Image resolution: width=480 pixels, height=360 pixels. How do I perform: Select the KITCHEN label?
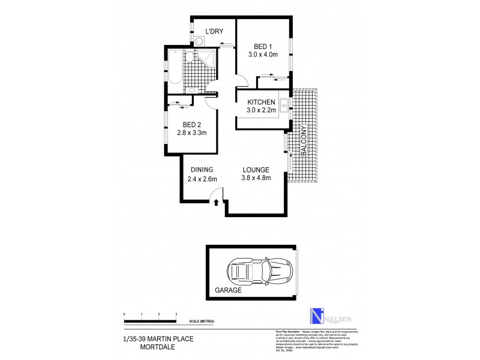(x=262, y=102)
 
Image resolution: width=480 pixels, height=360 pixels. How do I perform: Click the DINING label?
(x=202, y=169)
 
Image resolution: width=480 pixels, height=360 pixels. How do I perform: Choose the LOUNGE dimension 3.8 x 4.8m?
(x=256, y=178)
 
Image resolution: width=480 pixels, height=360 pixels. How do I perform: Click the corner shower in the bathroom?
(x=208, y=58)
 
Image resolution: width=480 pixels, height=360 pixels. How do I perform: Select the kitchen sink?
(x=286, y=109)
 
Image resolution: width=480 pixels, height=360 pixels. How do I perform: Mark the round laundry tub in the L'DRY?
(x=199, y=41)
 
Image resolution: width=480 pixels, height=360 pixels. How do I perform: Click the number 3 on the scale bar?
(x=176, y=314)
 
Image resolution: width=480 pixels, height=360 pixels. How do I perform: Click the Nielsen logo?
(x=311, y=314)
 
